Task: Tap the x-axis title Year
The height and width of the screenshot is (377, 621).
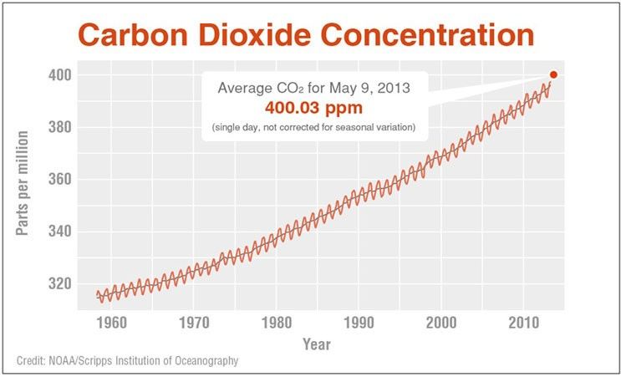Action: pyautogui.click(x=316, y=344)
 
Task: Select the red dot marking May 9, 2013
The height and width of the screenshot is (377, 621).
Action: pyautogui.click(x=553, y=74)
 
